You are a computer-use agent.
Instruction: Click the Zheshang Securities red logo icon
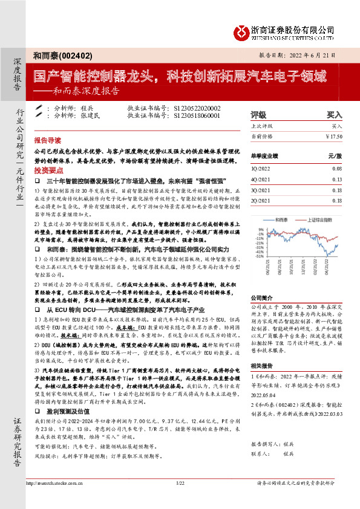[241, 31]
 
